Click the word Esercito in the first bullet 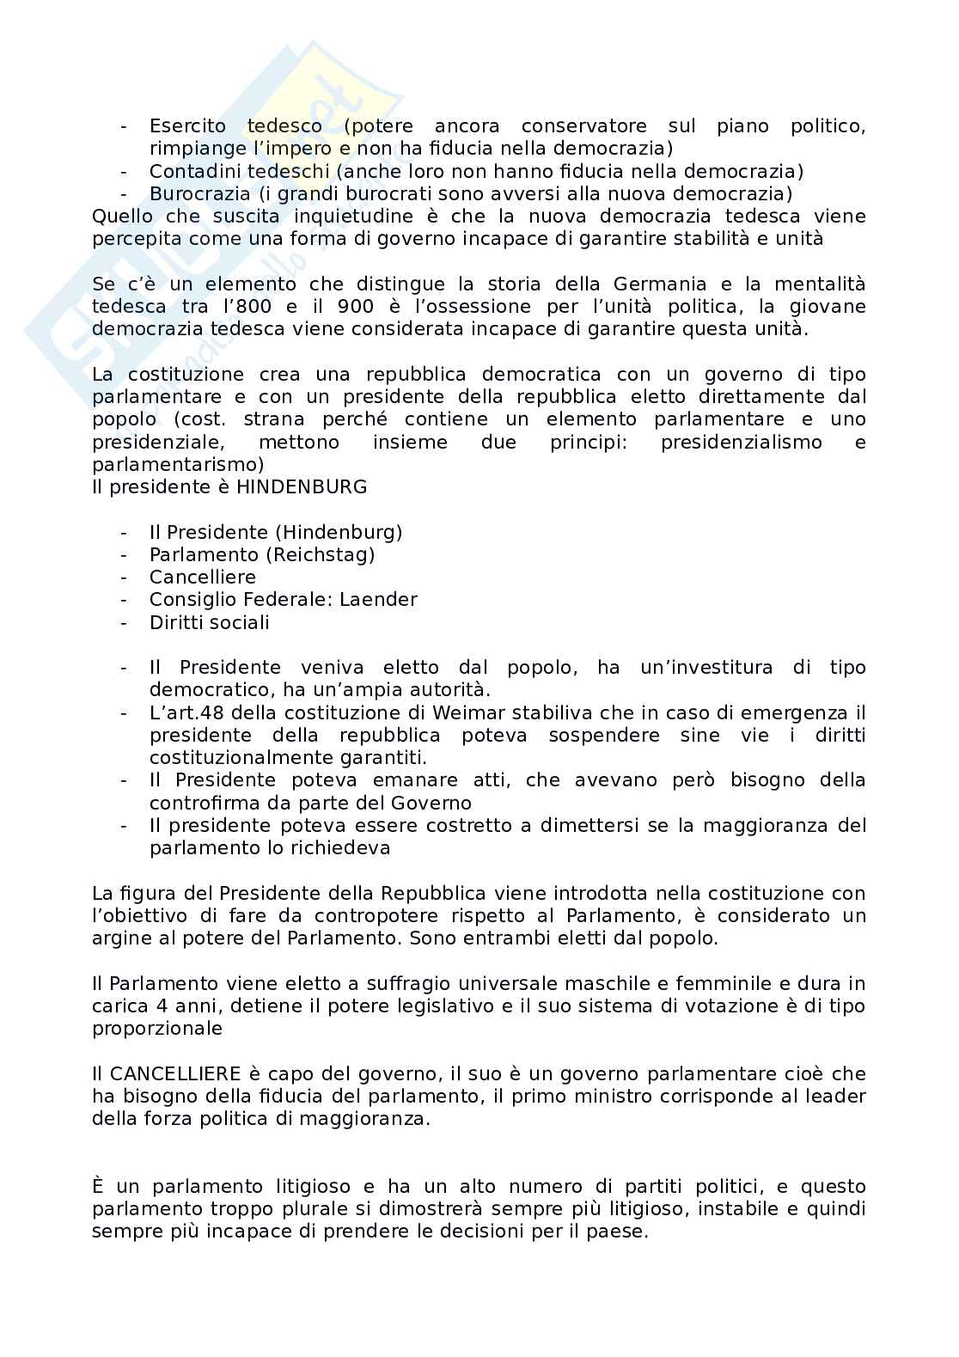click(x=186, y=126)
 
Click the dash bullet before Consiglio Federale click(x=125, y=600)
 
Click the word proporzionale click(x=157, y=1029)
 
